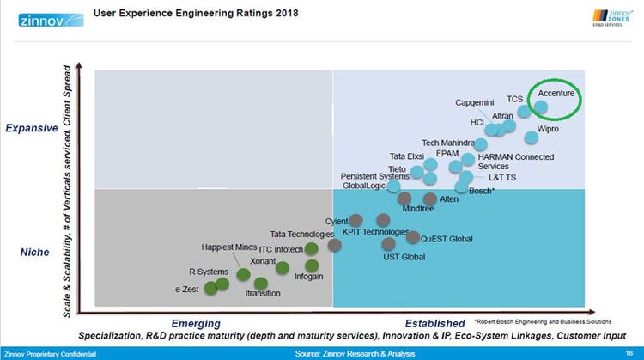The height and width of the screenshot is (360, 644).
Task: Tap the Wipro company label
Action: click(x=548, y=129)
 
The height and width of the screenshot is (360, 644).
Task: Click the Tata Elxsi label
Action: click(x=407, y=156)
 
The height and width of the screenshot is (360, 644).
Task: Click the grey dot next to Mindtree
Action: click(x=404, y=198)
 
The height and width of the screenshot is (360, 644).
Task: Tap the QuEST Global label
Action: click(x=447, y=238)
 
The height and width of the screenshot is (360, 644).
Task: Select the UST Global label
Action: click(x=404, y=257)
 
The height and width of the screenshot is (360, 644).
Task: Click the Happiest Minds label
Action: click(x=229, y=247)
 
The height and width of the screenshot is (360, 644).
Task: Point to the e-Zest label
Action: click(x=186, y=289)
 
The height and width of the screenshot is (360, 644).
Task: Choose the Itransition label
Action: click(x=262, y=294)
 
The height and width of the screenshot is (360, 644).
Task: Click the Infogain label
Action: click(x=308, y=277)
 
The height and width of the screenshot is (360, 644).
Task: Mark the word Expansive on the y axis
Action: click(x=32, y=128)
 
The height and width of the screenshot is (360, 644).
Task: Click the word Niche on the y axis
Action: click(x=33, y=253)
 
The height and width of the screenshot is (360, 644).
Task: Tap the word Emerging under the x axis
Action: click(x=196, y=324)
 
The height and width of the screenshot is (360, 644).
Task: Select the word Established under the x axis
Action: click(x=434, y=324)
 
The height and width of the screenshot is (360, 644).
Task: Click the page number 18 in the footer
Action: click(x=629, y=353)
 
